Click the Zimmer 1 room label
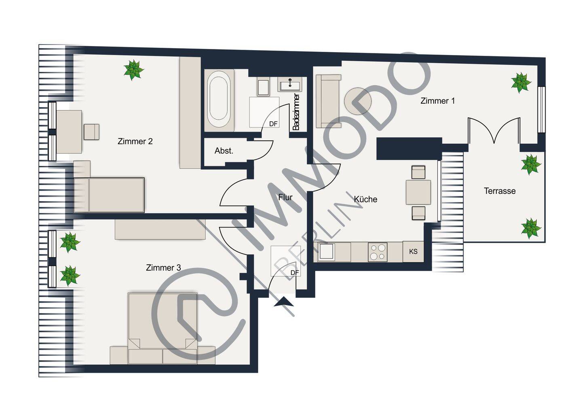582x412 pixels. tap(438, 101)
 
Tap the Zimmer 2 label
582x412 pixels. tap(135, 141)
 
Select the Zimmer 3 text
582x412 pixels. tap(163, 268)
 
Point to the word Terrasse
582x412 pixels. tap(500, 191)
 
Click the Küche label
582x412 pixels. tap(365, 199)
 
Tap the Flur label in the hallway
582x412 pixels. tap(285, 197)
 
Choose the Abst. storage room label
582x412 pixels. tap(224, 151)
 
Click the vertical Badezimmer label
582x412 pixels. tap(296, 112)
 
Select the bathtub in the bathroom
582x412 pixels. tap(219, 100)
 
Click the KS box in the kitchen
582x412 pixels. tap(413, 251)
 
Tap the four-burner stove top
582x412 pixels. tap(377, 252)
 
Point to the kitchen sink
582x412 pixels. tap(326, 252)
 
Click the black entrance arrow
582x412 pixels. tap(284, 302)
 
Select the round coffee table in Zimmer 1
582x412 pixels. tap(358, 101)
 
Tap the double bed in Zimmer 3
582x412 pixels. tap(162, 329)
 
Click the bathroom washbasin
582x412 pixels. tap(290, 84)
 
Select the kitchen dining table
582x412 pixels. tap(418, 192)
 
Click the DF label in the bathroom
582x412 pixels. tap(273, 124)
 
